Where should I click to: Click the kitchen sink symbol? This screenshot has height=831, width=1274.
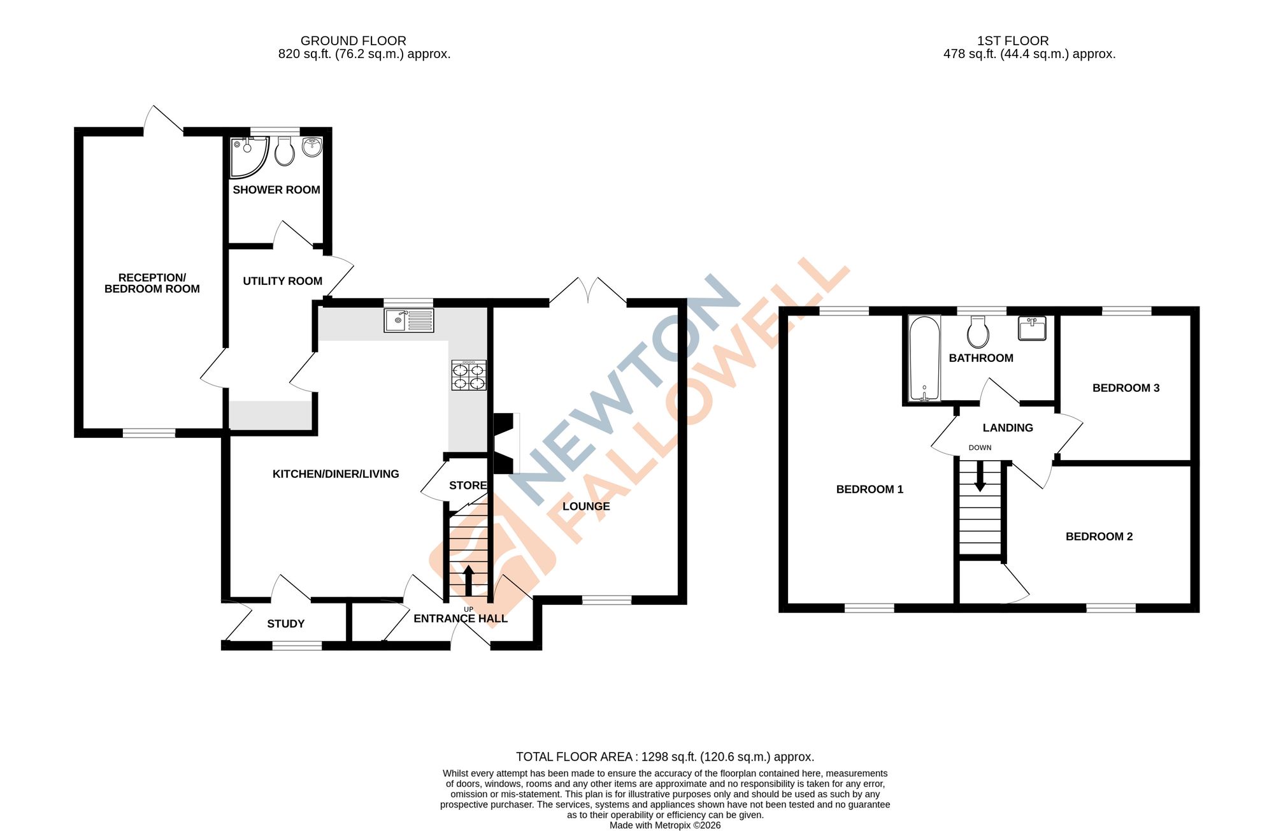point(409,320)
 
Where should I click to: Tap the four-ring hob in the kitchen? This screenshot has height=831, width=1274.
point(469,375)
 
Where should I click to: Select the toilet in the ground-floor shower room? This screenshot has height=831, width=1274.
point(285,152)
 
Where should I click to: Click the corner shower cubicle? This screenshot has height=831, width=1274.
point(246,156)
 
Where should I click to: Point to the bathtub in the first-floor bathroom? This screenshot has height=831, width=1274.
point(924,358)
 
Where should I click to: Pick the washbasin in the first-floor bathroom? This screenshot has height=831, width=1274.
point(1032,329)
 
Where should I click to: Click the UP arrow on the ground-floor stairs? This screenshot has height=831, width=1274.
point(468,580)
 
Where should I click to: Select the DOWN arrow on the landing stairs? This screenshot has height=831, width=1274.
point(980,476)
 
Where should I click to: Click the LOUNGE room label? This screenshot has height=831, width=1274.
point(586,507)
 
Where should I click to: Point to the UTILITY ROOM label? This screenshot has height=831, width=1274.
point(282,281)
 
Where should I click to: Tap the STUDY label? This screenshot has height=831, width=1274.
point(285,624)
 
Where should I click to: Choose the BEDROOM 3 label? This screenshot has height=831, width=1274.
point(1126,388)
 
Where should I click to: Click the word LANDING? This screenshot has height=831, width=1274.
point(1008,428)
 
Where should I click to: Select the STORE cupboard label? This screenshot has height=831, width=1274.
point(468,486)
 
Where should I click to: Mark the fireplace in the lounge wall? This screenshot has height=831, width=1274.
point(504,444)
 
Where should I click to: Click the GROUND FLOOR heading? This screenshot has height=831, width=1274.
point(353,41)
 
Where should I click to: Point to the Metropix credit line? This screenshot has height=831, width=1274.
point(665,825)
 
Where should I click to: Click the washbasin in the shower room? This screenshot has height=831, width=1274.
point(312,147)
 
